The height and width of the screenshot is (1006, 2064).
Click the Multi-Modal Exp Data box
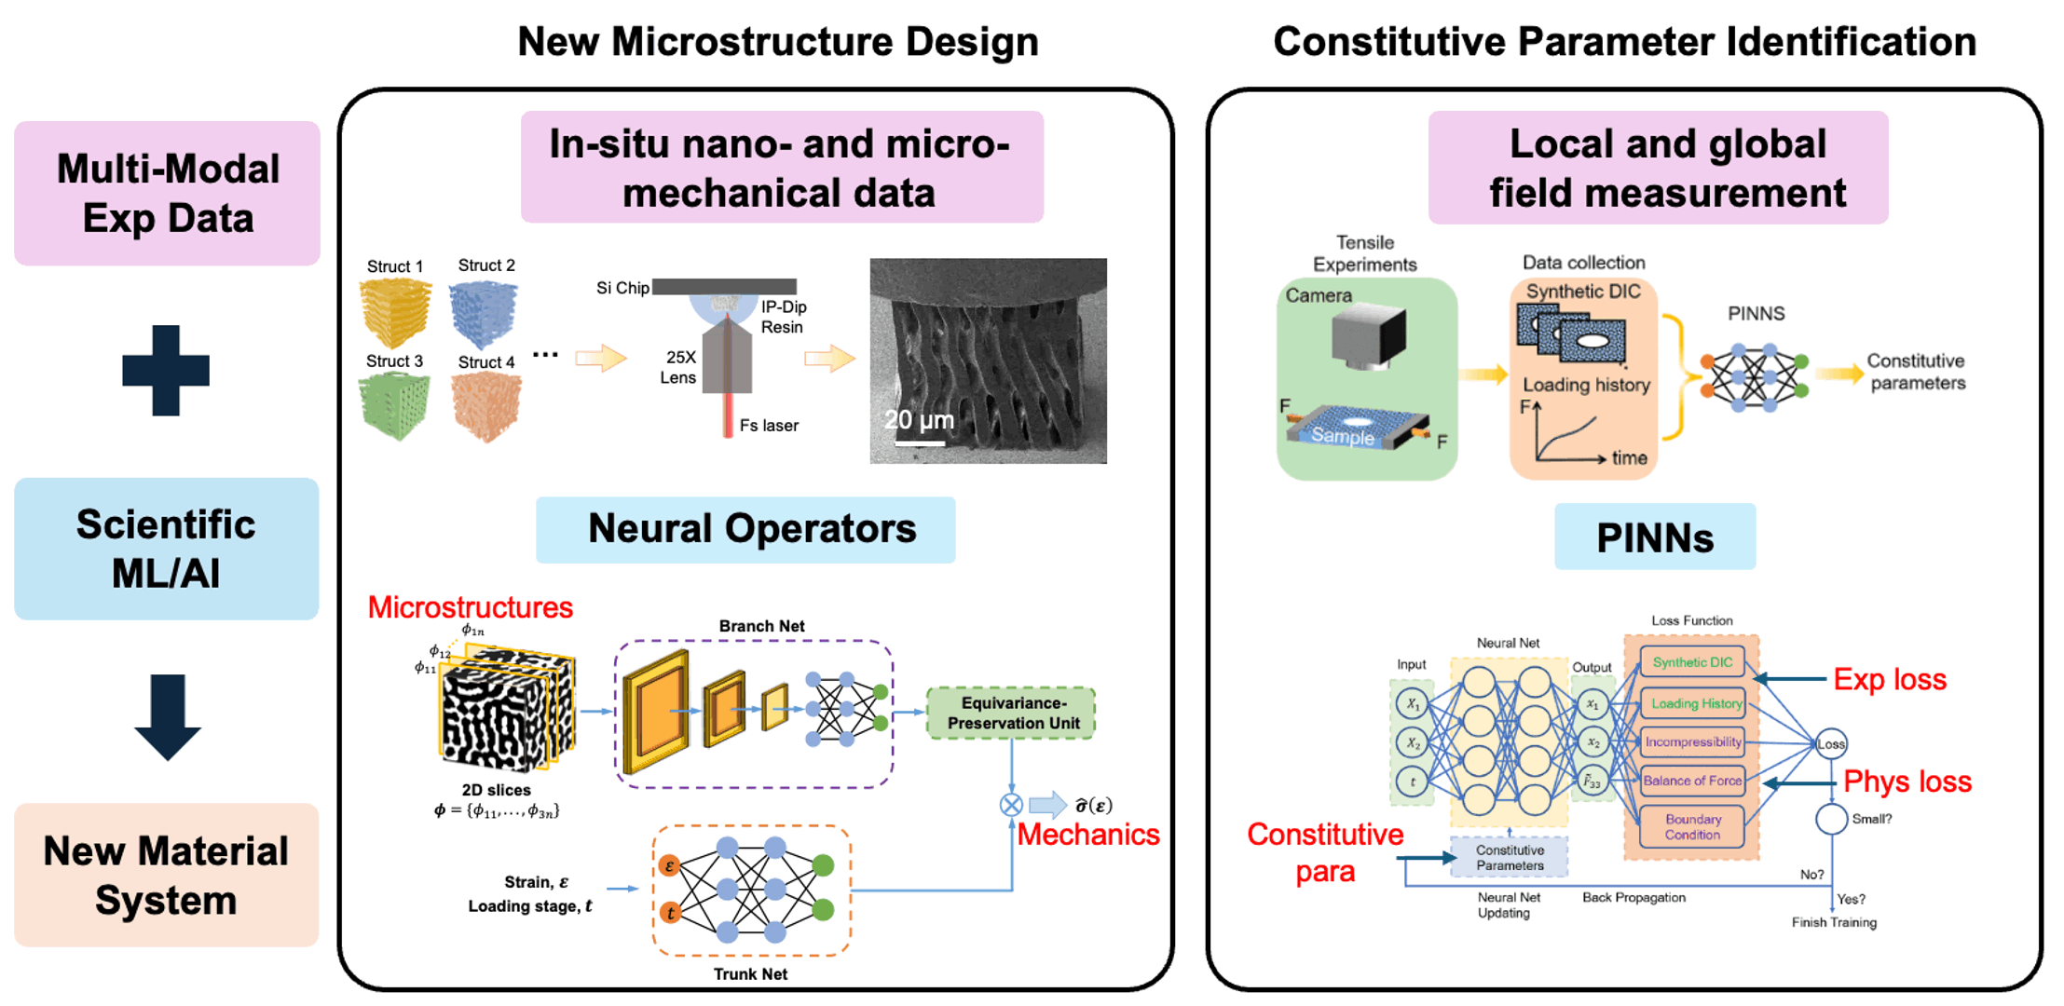pyautogui.click(x=167, y=193)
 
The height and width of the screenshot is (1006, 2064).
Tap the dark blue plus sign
pyautogui.click(x=166, y=370)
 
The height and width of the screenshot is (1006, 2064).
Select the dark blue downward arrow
pyautogui.click(x=167, y=715)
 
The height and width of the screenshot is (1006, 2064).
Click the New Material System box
pyautogui.click(x=166, y=875)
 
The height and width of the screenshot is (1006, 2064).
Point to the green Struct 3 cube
pyautogui.click(x=394, y=405)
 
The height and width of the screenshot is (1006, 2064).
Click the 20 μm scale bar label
pyautogui.click(x=919, y=420)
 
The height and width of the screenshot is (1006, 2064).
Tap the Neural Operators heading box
pyautogui.click(x=745, y=529)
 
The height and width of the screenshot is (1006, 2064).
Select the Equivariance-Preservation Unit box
pyautogui.click(x=1012, y=714)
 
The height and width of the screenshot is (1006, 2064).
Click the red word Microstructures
pyautogui.click(x=470, y=607)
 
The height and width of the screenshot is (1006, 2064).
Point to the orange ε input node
pyautogui.click(x=669, y=866)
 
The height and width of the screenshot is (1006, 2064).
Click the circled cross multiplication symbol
pyautogui.click(x=1011, y=805)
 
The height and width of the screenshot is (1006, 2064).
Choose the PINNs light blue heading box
pyautogui.click(x=1655, y=537)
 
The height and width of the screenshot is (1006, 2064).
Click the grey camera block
pyautogui.click(x=1368, y=337)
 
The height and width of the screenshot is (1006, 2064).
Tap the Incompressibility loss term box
pyautogui.click(x=1692, y=742)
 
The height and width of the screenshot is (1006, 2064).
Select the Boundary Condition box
pyautogui.click(x=1692, y=827)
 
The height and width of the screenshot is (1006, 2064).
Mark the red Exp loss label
pyautogui.click(x=1890, y=679)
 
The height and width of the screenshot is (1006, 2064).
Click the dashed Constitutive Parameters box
pyautogui.click(x=1510, y=858)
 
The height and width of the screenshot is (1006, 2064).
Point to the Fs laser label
pyautogui.click(x=769, y=426)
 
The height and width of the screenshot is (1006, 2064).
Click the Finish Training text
pyautogui.click(x=1834, y=922)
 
